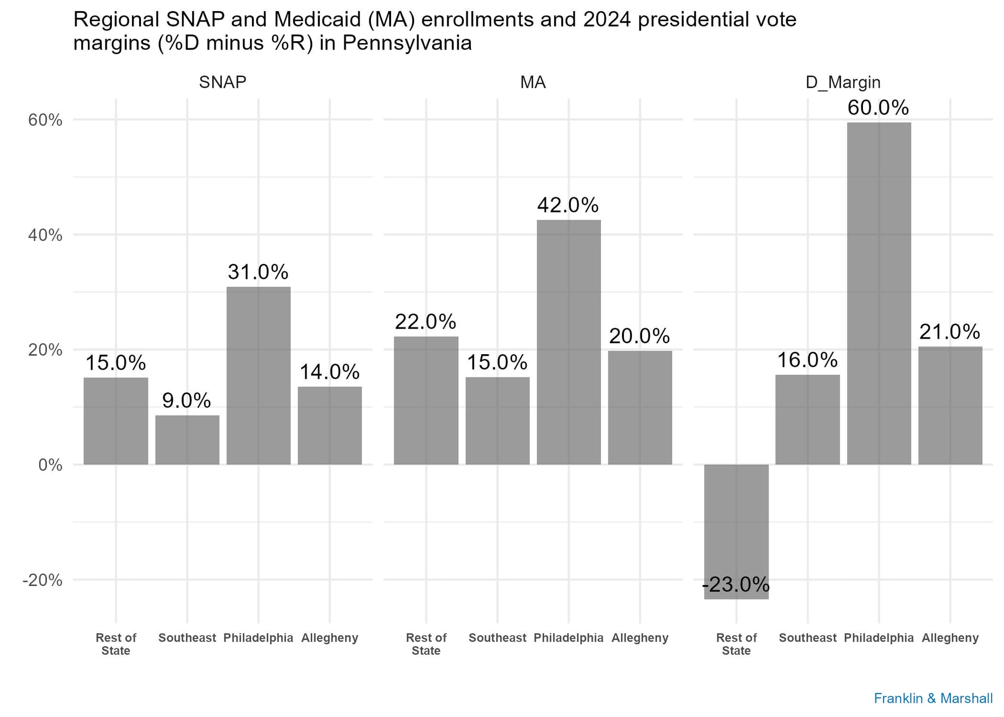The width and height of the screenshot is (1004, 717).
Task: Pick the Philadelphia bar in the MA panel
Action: click(568, 342)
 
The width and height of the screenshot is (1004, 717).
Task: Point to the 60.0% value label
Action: click(878, 108)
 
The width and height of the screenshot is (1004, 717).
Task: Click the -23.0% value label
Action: click(736, 585)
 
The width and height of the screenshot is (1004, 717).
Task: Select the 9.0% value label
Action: click(186, 400)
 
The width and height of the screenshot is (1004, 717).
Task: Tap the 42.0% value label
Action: click(568, 205)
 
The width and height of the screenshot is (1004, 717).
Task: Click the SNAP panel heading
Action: click(222, 82)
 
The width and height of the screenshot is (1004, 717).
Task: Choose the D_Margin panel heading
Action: click(843, 82)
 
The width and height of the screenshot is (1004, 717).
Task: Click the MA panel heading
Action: click(533, 82)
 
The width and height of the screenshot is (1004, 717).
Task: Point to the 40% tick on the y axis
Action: click(45, 235)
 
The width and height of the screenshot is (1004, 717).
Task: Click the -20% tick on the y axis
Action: click(43, 581)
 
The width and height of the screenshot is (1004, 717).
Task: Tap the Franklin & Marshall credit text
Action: click(933, 698)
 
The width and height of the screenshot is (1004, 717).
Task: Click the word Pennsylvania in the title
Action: click(407, 44)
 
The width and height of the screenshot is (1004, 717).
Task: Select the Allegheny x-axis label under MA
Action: click(640, 638)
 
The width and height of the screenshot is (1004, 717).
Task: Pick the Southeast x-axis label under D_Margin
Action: click(807, 638)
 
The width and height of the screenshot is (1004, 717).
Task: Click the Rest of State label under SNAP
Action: click(115, 644)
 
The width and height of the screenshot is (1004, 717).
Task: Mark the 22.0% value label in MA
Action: click(425, 322)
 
